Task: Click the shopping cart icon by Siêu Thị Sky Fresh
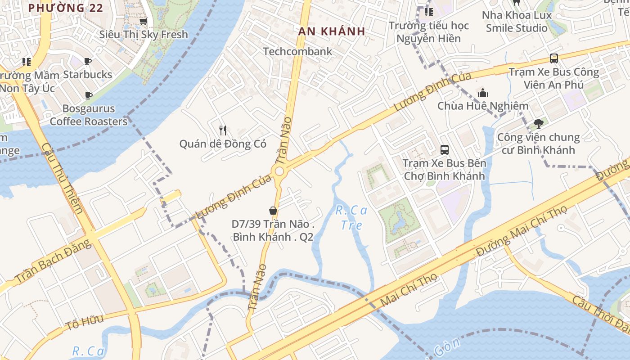tap(143, 21)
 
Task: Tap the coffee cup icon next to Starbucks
tap(88, 61)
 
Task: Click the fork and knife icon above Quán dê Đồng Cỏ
tap(223, 130)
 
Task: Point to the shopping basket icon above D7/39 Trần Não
tap(273, 210)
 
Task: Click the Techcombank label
tap(297, 51)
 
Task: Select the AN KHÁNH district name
tap(332, 31)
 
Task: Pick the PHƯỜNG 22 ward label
tap(66, 8)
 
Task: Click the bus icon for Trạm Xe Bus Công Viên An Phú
tap(553, 58)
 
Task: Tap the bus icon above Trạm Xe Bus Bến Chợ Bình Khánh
tap(444, 150)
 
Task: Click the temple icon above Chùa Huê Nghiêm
tap(483, 93)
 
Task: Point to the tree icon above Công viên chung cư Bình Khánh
tap(538, 123)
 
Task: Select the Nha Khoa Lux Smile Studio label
tap(517, 22)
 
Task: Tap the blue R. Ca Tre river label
tap(351, 217)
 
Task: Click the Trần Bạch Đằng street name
tap(54, 262)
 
